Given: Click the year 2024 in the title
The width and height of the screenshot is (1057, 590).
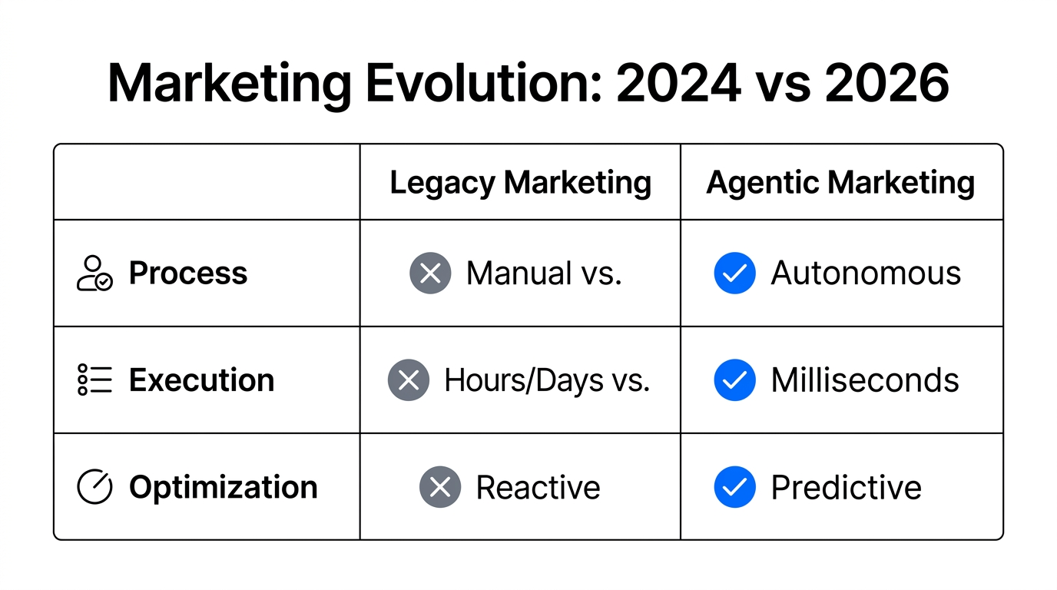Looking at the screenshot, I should tap(678, 83).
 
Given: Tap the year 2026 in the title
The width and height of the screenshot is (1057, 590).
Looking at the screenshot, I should tap(886, 83).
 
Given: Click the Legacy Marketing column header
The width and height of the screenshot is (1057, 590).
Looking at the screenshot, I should tap(520, 183).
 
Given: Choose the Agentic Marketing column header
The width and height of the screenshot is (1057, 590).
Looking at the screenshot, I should tap(840, 183).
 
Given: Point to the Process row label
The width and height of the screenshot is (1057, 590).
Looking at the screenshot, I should tap(187, 273).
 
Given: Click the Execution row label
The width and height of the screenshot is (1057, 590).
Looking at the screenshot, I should tap(201, 380).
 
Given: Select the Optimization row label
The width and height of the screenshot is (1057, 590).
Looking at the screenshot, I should tap(223, 487).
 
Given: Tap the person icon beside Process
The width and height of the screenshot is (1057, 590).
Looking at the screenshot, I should tap(94, 273).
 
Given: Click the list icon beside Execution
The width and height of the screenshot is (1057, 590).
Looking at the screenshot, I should tap(94, 380).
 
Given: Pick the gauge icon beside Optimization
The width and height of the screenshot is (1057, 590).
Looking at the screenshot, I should tap(94, 487).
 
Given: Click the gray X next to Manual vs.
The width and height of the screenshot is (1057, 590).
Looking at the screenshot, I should tap(430, 273).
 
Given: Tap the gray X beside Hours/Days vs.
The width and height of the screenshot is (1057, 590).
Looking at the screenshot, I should tap(409, 380).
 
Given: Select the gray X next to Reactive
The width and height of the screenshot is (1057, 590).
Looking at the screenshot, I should tap(440, 487).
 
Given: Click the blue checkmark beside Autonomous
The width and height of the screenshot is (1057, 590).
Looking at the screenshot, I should tap(734, 273).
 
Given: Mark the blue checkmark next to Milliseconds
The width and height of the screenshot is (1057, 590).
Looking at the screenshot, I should tap(734, 380).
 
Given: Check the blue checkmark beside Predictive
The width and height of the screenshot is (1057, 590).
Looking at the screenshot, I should tap(734, 487).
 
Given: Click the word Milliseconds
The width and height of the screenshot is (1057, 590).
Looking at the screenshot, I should tap(865, 380).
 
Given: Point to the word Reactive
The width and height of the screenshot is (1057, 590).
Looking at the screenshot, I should tap(538, 487).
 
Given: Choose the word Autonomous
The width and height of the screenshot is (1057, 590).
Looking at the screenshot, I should tap(866, 273).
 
